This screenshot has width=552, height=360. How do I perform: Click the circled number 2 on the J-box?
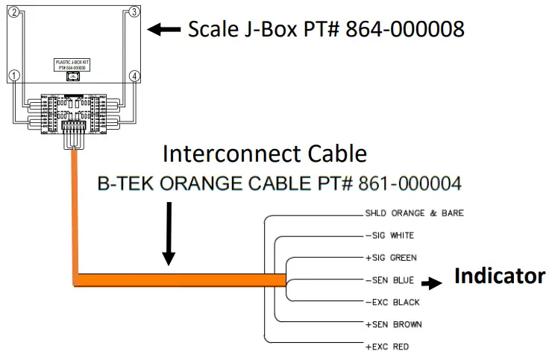[15, 13]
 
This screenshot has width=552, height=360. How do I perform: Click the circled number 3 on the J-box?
[134, 13]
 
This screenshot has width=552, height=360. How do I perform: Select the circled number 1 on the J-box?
[14, 76]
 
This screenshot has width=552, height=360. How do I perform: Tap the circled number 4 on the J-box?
[134, 76]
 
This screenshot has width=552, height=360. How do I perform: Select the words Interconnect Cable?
[265, 154]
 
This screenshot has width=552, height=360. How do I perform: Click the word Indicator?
[499, 277]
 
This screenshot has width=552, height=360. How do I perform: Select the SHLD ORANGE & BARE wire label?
[414, 213]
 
